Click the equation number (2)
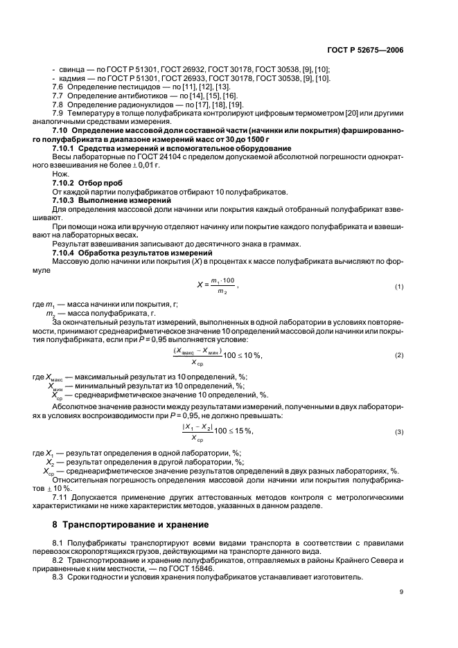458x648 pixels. [399, 355]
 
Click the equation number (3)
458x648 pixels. [399, 431]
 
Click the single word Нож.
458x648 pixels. [60, 174]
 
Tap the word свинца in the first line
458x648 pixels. [70, 69]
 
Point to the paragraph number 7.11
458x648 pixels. [61, 497]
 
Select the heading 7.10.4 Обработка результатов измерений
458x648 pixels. [118, 252]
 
